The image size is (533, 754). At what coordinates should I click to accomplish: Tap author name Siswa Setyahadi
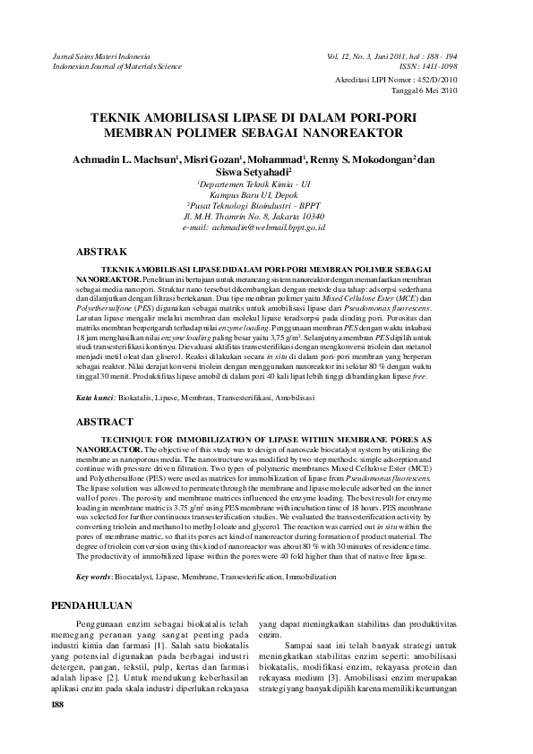266,173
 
